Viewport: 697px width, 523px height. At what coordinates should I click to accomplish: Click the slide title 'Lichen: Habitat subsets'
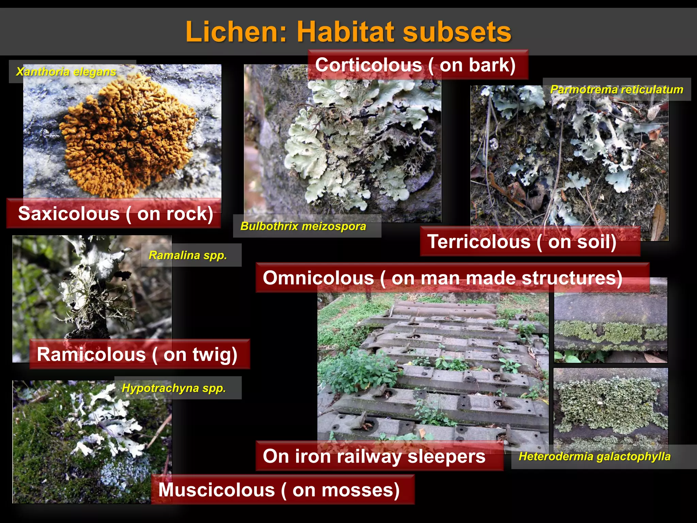[348, 32]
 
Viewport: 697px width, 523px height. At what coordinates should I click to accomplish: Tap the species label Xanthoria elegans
[66, 72]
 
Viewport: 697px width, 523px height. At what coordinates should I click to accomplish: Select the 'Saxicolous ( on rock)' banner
[115, 213]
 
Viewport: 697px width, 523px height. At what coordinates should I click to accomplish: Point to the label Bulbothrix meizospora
[303, 226]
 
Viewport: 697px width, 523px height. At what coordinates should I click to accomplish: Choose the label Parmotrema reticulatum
[617, 90]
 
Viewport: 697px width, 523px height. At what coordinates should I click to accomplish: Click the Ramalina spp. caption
[188, 255]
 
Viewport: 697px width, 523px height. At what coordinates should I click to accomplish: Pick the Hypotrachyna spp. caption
[174, 388]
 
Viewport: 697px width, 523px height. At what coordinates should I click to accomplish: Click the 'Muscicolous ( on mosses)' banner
[279, 490]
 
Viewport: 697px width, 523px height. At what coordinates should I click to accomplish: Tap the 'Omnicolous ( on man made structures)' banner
[442, 278]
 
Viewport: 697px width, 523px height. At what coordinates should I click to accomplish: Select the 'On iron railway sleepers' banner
[374, 456]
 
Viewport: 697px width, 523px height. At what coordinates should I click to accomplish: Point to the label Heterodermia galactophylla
[595, 456]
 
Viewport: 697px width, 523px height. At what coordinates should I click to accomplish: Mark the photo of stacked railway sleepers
[432, 368]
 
